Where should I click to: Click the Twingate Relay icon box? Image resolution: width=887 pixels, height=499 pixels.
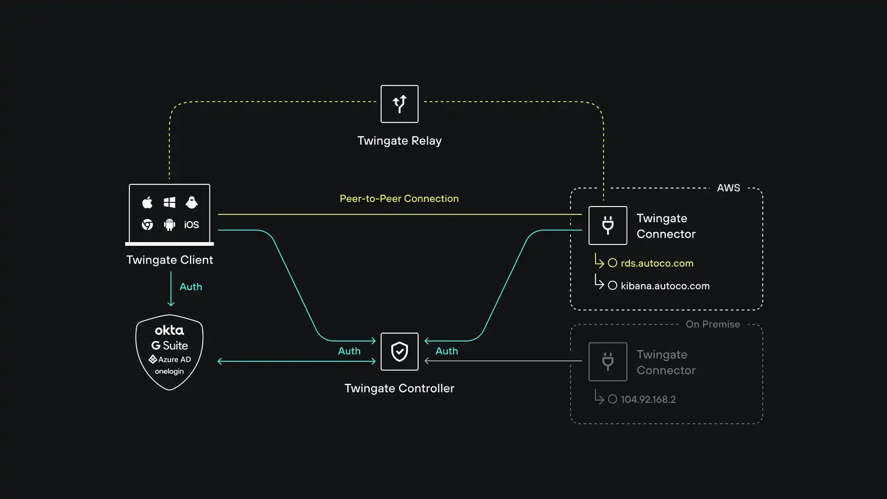(x=400, y=104)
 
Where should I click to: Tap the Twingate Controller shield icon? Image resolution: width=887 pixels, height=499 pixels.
(x=400, y=352)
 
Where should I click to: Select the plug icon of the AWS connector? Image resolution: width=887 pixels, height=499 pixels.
(x=608, y=225)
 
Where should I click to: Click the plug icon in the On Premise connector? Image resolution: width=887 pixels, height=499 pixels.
(x=608, y=362)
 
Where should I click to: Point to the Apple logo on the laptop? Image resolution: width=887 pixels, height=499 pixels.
(x=147, y=202)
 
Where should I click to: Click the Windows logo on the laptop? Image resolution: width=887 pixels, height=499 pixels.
(x=169, y=202)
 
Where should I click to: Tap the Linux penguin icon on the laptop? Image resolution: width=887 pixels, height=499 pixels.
(x=192, y=202)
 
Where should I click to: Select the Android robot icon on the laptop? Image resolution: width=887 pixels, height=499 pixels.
(x=169, y=225)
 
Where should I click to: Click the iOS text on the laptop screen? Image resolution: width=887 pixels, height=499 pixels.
(x=191, y=225)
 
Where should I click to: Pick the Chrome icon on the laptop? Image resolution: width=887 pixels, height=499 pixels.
(x=147, y=225)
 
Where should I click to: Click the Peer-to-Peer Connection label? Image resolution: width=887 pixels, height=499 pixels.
(x=399, y=199)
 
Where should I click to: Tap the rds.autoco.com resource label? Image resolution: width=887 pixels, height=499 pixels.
(x=657, y=263)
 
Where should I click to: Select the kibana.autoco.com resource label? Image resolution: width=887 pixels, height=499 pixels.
(x=665, y=286)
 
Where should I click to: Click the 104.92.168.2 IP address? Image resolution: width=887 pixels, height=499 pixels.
(x=648, y=400)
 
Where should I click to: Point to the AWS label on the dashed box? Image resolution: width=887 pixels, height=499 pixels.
(x=728, y=188)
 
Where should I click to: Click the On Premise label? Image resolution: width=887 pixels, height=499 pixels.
(x=712, y=324)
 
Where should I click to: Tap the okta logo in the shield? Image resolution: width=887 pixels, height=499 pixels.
(x=169, y=331)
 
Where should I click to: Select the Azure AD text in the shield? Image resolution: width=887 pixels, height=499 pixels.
(x=174, y=360)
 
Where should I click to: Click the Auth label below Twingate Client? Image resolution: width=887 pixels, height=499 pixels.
(x=191, y=287)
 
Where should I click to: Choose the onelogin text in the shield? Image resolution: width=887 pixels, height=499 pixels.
(x=169, y=371)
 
